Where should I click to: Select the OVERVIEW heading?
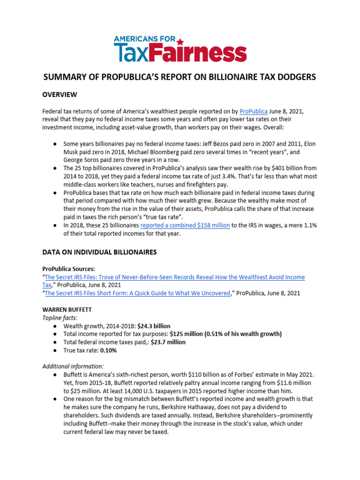[x=60, y=95]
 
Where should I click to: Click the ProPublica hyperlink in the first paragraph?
[x=253, y=112]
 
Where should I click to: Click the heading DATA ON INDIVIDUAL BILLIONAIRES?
[x=99, y=252]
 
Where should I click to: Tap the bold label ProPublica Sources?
[x=68, y=269]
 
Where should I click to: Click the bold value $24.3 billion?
[x=154, y=326]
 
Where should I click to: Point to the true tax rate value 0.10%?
[x=108, y=350]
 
